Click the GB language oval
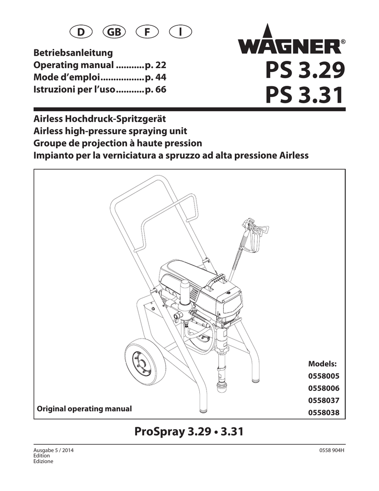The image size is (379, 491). pos(114,32)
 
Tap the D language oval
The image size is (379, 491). pos(81,32)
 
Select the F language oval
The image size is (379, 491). pos(147,32)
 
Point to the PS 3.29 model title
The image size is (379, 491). pos(305,70)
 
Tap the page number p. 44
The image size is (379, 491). pos(156,77)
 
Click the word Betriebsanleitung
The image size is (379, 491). pos(73,53)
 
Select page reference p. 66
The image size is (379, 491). pos(156,90)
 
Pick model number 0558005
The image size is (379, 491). pos(323,376)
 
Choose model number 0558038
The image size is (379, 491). pos(323,412)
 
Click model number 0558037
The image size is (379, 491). pos(323,400)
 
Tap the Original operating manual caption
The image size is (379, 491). pos(84,409)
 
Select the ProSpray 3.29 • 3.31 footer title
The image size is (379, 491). pos(189,432)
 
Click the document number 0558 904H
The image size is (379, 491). pos(332,451)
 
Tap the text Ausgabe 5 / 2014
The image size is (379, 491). pos(54,451)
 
